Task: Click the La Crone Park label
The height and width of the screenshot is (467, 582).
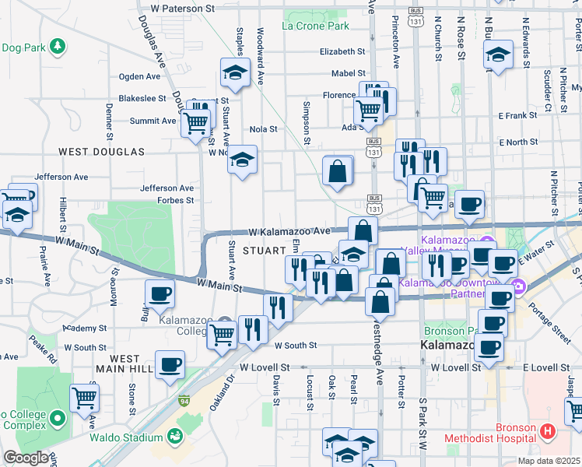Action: click(x=315, y=26)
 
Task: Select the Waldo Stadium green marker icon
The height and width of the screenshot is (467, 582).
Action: click(x=182, y=424)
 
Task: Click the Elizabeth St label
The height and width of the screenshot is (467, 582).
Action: click(x=342, y=52)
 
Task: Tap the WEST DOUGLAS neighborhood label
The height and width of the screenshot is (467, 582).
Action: click(x=102, y=151)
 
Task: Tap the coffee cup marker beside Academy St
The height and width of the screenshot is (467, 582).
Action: click(x=160, y=293)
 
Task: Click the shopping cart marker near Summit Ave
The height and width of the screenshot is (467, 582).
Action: click(x=195, y=121)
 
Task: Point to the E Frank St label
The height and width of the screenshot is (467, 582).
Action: click(x=517, y=115)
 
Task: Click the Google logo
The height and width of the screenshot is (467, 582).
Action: click(x=26, y=458)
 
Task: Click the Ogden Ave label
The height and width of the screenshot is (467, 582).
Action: click(x=138, y=77)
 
